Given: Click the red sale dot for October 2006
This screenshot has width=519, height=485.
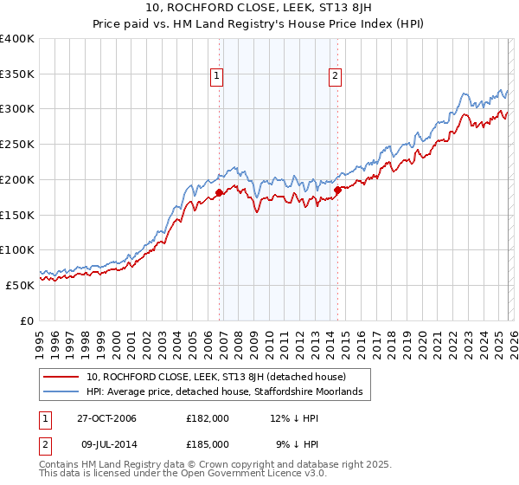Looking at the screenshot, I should pyautogui.click(x=220, y=192).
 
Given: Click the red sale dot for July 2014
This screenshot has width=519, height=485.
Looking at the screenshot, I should pyautogui.click(x=337, y=190).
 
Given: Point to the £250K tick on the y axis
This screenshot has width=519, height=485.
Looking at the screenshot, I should pyautogui.click(x=17, y=144).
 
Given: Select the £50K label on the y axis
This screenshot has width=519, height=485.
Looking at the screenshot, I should pyautogui.click(x=20, y=284).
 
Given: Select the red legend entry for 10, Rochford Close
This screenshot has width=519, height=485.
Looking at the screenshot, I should pyautogui.click(x=215, y=377).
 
